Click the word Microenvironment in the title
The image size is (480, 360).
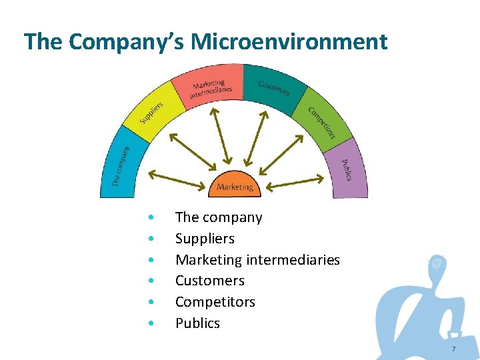289,42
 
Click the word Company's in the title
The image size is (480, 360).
127,42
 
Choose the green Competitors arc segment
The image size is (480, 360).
323,120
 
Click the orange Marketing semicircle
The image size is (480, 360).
235,186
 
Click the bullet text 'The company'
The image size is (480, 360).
219,217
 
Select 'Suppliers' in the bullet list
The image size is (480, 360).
205,239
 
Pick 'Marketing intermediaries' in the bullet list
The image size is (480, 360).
257,260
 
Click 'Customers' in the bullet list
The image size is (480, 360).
209,281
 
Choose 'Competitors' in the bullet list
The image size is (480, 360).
215,302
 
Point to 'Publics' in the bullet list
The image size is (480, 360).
197,323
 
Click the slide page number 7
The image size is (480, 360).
453,349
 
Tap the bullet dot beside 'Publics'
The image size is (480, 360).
153,324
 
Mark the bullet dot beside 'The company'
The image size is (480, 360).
153,218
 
